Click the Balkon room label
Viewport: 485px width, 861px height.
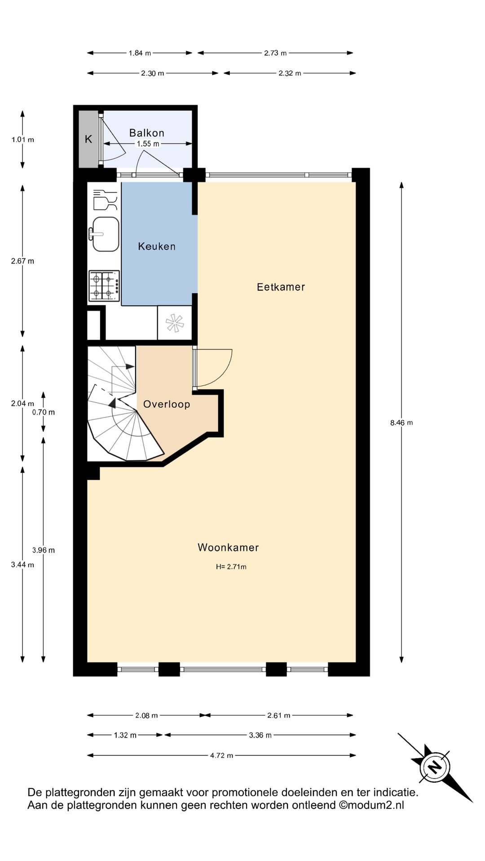pos(146,133)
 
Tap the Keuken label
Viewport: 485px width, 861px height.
pos(156,246)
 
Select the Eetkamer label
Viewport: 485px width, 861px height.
pos(281,287)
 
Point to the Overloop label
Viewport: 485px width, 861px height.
pos(166,404)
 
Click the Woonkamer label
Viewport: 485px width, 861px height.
pos(228,547)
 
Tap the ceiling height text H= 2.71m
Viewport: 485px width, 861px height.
pos(231,567)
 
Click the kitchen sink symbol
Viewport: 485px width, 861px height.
pos(105,234)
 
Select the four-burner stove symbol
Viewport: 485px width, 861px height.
pos(104,286)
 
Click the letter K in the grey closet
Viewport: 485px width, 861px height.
pos(88,139)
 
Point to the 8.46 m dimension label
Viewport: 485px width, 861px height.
pos(401,422)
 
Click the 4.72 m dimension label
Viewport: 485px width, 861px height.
pos(221,755)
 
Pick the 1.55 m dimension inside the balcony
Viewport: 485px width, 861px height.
pos(148,144)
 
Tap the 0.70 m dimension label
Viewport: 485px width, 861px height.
pos(44,412)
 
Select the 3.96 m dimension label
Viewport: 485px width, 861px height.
pos(44,550)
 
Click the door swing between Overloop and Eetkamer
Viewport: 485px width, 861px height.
pos(216,368)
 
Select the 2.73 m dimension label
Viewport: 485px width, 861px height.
pos(275,53)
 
